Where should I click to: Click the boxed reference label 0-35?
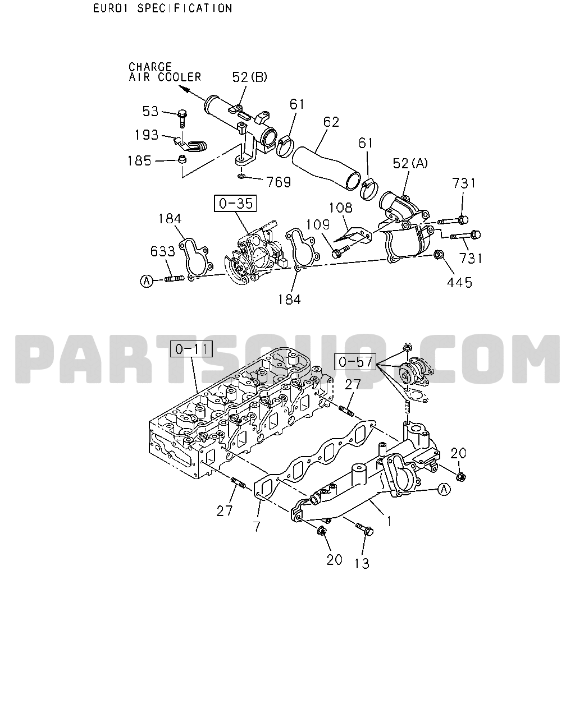coord(235,204)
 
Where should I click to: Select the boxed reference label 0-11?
coord(191,349)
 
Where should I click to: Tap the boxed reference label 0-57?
coord(355,362)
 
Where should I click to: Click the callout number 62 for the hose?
coord(331,122)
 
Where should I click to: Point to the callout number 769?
coord(279,182)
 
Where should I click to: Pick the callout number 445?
coord(459,283)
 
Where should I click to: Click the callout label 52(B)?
coord(250,77)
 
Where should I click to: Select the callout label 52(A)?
coord(410,163)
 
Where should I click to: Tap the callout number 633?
coord(163,251)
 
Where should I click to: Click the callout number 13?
coord(362,564)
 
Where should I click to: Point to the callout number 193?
coord(147,135)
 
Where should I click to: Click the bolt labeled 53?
coord(182,118)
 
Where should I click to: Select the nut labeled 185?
coord(182,160)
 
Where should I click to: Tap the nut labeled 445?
coord(439,255)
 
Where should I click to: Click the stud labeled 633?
coord(175,278)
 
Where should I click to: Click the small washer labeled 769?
coord(241,176)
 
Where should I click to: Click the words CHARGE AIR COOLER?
coord(165,72)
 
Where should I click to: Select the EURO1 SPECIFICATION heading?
coord(162,8)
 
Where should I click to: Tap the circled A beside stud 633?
coord(147,281)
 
